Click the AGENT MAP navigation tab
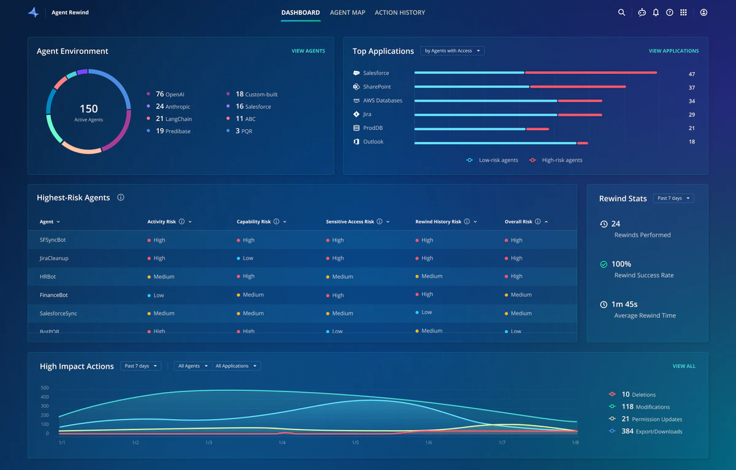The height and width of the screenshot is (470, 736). click(x=347, y=12)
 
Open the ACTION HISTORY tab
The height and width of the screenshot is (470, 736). click(x=399, y=12)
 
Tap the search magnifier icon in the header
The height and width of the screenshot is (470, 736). click(x=621, y=12)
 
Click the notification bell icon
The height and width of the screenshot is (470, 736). click(x=656, y=12)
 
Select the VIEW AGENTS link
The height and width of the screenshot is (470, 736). click(x=308, y=51)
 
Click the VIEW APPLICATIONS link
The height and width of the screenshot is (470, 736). click(x=673, y=51)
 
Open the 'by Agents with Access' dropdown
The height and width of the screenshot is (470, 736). click(x=452, y=51)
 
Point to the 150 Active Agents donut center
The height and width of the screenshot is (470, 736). click(x=88, y=111)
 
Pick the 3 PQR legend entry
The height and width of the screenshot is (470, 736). click(x=243, y=131)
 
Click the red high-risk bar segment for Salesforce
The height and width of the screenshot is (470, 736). click(x=591, y=72)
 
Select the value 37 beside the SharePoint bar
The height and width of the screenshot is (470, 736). click(x=691, y=88)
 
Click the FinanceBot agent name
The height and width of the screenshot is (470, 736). click(x=54, y=295)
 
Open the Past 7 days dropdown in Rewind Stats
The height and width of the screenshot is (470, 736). click(x=673, y=198)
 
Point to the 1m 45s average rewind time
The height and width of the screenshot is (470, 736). click(x=624, y=304)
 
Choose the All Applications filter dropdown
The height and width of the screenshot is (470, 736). click(x=236, y=366)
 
